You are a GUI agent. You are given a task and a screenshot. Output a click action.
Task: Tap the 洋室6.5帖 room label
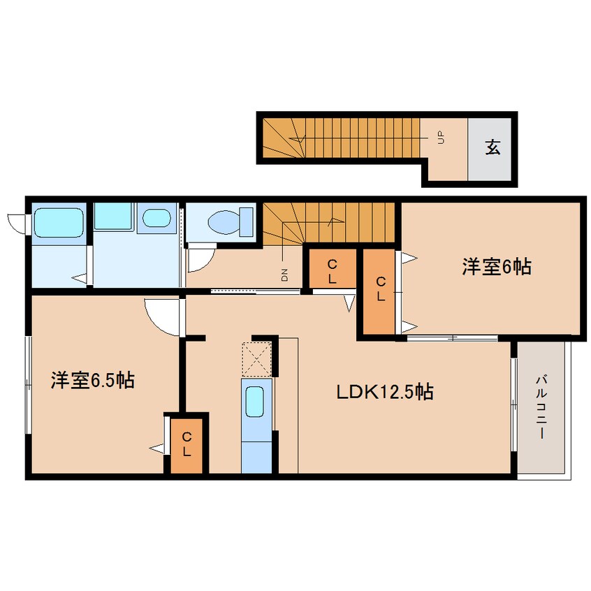pos(93,380)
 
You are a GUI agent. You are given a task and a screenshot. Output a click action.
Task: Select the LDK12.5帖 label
pos(384,392)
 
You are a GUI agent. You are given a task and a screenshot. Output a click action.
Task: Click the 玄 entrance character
pos(492,147)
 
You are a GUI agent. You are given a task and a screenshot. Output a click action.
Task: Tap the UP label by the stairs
pos(441,138)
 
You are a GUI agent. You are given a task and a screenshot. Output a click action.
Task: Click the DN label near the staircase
pos(284,275)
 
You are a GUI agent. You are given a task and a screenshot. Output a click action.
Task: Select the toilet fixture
pos(231,222)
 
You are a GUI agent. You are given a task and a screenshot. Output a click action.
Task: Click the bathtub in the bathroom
pos(59,222)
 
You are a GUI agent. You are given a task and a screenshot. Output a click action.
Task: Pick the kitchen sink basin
pos(254,402)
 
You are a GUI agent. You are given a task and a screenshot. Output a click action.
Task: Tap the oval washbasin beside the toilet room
pos(156,217)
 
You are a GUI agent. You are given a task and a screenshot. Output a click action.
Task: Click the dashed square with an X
pos(256,359)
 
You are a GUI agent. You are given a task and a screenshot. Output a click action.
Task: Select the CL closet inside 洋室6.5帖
pos(187,445)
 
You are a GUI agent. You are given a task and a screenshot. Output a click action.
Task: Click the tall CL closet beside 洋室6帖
pos(379,291)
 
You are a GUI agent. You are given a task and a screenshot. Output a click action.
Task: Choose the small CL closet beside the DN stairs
pos(333,268)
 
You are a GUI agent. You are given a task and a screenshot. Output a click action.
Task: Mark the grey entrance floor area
pos(489,149)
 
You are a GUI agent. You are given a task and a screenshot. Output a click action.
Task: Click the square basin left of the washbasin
pos(112,216)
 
